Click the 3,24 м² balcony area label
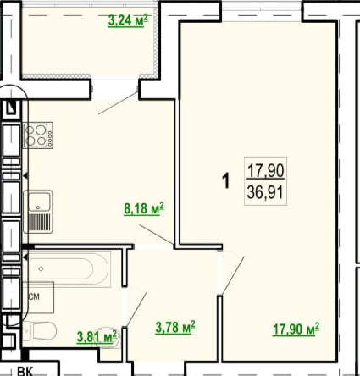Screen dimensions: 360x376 click(x=128, y=21)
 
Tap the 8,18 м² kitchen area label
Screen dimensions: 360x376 click(x=144, y=209)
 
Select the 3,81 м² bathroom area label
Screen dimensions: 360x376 click(x=97, y=337)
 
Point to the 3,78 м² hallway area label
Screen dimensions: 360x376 click(x=175, y=328)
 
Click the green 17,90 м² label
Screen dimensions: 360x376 click(x=296, y=329)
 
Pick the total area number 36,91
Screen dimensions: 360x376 click(x=265, y=193)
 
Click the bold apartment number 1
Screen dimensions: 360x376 click(x=226, y=181)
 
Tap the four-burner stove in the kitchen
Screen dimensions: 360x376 click(x=38, y=135)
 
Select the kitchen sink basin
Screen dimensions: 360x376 click(x=38, y=201)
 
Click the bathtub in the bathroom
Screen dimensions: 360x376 click(x=68, y=268)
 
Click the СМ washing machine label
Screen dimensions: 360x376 click(x=34, y=296)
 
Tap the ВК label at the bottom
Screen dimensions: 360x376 click(x=25, y=371)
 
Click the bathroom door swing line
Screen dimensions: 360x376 click(x=136, y=310)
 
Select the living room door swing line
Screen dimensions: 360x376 click(x=233, y=276)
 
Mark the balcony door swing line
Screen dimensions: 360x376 click(x=118, y=103)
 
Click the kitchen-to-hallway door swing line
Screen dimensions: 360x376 click(x=156, y=235)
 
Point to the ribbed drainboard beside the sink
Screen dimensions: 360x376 click(x=40, y=222)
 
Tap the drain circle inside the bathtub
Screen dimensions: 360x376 click(x=42, y=268)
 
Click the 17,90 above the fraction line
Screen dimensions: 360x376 click(x=265, y=171)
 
